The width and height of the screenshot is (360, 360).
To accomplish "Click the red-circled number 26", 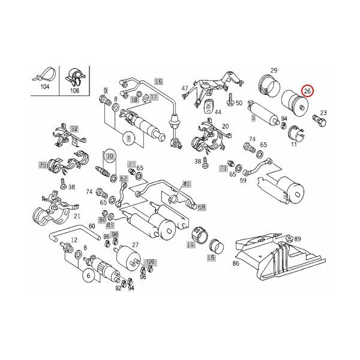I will coord(307,91).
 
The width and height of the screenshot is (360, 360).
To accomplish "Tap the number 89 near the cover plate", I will coord(298,239).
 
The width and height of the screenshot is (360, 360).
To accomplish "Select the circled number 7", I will coord(128,140).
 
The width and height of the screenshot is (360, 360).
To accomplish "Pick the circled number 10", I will coord(109,157).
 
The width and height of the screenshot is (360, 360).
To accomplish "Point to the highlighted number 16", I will coord(158,81).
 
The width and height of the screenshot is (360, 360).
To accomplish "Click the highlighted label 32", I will coord(74,129).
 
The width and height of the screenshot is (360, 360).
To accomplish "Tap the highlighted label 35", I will coord(43,164).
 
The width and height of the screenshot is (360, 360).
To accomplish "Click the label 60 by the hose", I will coord(92,226).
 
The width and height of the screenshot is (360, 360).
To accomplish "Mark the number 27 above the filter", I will coord(135,245).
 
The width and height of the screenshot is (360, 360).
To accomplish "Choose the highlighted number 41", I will coord(187,184).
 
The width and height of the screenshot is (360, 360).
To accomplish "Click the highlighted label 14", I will coord(191,245).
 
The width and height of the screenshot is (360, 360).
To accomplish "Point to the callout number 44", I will coord(217,112).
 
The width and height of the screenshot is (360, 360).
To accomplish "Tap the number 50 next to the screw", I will coord(239,103).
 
